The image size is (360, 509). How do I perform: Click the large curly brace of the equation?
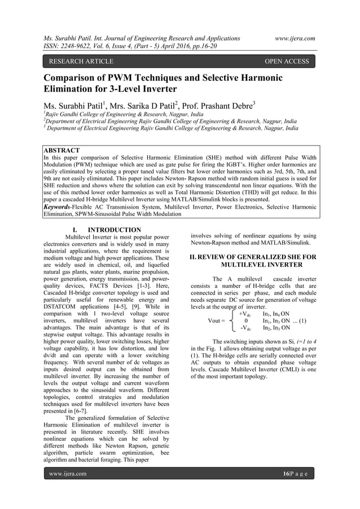[232, 321]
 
